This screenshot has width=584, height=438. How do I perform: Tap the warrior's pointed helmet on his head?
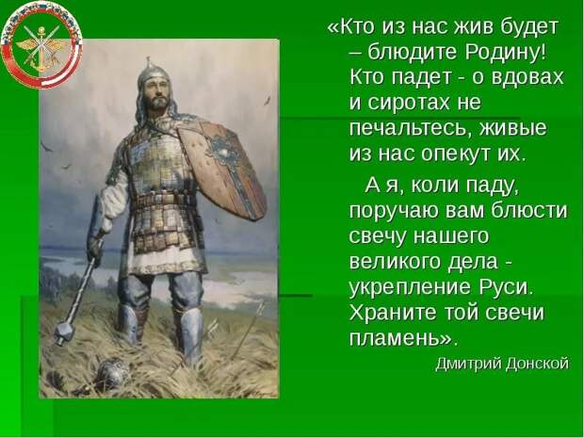153,73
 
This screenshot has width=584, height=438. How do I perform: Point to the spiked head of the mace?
64,333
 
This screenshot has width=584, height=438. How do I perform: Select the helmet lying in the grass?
110,373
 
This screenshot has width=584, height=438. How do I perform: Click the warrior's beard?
158,102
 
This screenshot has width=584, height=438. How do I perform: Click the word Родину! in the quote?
505,52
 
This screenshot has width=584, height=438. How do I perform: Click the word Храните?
394,312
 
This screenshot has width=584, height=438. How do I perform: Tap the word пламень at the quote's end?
395,338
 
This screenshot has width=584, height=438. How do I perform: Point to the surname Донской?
538,364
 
